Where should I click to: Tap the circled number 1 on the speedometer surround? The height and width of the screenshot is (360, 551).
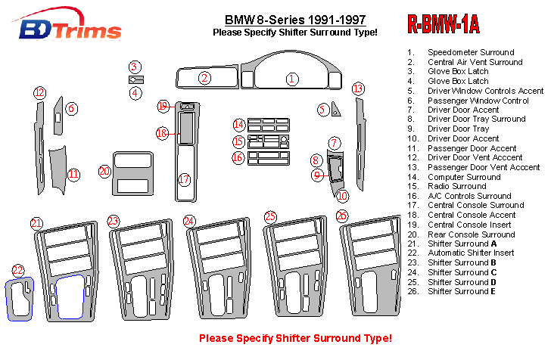[x=291, y=78]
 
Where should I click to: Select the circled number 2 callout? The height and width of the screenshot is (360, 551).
[x=204, y=77]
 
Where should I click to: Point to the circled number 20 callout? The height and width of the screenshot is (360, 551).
[x=104, y=171]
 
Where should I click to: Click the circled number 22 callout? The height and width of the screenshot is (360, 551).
[x=18, y=270]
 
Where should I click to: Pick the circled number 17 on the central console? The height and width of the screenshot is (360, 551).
[x=184, y=179]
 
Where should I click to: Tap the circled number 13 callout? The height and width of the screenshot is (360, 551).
[x=358, y=88]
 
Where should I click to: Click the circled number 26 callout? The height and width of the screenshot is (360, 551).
[x=342, y=216]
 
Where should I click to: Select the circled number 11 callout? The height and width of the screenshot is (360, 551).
[x=73, y=174]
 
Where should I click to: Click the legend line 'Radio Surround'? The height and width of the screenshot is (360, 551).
[x=456, y=186]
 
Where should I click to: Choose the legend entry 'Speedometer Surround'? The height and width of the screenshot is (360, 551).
[x=470, y=53]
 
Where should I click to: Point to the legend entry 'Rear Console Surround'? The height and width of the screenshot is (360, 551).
[x=471, y=234]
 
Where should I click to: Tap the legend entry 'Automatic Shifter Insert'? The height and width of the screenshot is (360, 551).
[x=471, y=253]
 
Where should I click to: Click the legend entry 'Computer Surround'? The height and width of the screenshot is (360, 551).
[x=464, y=177]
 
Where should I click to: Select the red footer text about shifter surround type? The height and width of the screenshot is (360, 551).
[x=295, y=337]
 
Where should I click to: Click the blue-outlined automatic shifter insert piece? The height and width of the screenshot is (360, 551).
[x=20, y=300]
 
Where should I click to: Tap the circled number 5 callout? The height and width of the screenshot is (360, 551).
[x=322, y=110]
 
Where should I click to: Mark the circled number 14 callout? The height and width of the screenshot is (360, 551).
[x=239, y=124]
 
